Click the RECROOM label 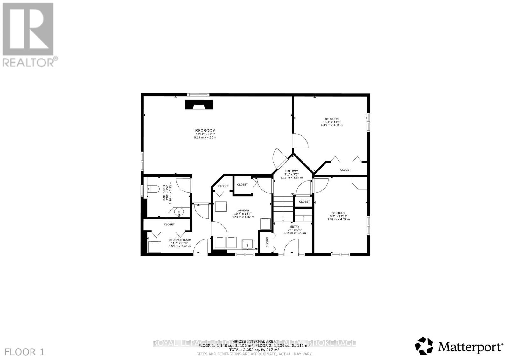[x=205, y=131]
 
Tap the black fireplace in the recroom [x=199, y=105]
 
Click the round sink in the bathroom [x=179, y=212]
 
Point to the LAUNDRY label [x=242, y=211]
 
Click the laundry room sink [x=247, y=244]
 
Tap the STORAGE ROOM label [x=180, y=240]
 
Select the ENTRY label [x=295, y=227]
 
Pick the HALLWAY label [x=291, y=171]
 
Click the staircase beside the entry [x=283, y=209]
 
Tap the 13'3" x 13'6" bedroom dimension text [x=332, y=122]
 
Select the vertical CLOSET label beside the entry [x=267, y=242]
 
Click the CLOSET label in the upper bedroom [x=345, y=170]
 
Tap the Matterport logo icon [x=424, y=346]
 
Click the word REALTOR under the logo [x=29, y=62]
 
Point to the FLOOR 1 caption [x=25, y=352]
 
